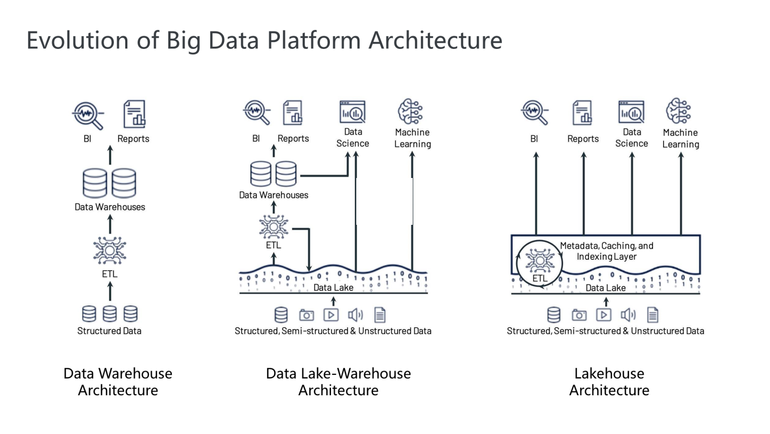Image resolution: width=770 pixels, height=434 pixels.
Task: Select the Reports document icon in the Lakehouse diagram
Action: (x=582, y=113)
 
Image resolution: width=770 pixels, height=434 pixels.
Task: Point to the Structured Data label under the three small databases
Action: (x=109, y=331)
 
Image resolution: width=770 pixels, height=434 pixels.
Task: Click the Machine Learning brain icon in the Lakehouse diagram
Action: (x=679, y=111)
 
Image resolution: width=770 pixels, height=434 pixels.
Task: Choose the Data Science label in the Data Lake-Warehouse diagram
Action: (x=352, y=138)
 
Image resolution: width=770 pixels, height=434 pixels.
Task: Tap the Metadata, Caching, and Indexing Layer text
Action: (x=607, y=251)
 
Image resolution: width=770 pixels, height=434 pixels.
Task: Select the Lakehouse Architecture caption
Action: (x=609, y=381)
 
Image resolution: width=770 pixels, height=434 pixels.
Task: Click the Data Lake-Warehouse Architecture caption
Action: (x=338, y=381)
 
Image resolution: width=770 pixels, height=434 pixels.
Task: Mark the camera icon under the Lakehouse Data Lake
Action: (x=579, y=315)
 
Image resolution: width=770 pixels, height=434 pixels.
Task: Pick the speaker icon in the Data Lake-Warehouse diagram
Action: (x=355, y=315)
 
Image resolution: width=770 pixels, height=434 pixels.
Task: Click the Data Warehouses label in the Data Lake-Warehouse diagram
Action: (x=274, y=195)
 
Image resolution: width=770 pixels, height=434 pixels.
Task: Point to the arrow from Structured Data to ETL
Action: (x=110, y=290)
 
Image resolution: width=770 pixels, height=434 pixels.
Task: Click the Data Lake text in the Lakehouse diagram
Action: (x=606, y=288)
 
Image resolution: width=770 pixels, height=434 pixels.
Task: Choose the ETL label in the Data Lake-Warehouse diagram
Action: (x=273, y=245)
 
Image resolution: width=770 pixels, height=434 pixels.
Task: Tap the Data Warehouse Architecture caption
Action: (x=118, y=381)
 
